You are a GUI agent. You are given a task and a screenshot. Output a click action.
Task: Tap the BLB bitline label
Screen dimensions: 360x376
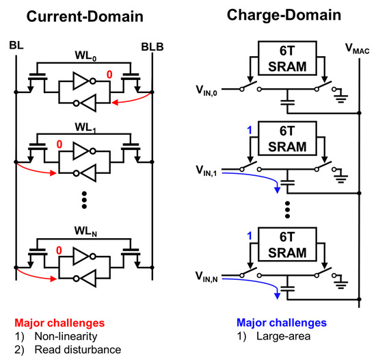pos(152,46)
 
